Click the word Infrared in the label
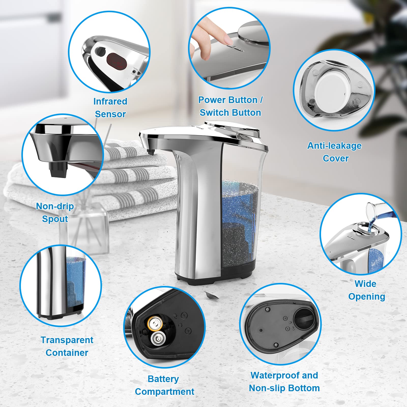(110, 101)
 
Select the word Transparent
(67, 340)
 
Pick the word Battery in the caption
(163, 379)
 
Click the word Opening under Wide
(366, 297)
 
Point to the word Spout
(55, 219)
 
